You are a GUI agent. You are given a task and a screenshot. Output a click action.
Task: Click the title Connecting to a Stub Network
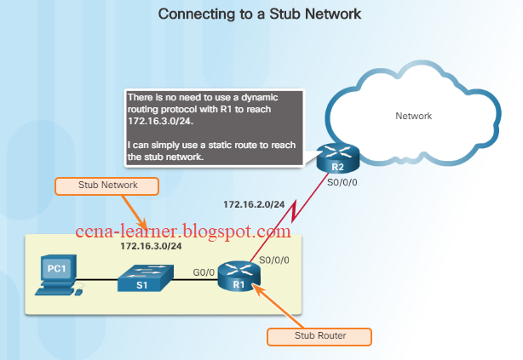click(261, 14)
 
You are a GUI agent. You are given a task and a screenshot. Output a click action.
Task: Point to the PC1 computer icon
click(56, 279)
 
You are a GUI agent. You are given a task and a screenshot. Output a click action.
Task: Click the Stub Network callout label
click(97, 185)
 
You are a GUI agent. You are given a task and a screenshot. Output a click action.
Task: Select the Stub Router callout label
click(319, 336)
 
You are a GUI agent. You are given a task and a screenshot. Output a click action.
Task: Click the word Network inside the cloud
click(414, 116)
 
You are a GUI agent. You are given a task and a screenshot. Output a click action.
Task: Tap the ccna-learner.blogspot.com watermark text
click(183, 231)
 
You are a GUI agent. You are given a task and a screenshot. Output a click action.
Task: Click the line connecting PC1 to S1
click(98, 280)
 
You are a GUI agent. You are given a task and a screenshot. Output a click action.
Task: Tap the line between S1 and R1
click(194, 280)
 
